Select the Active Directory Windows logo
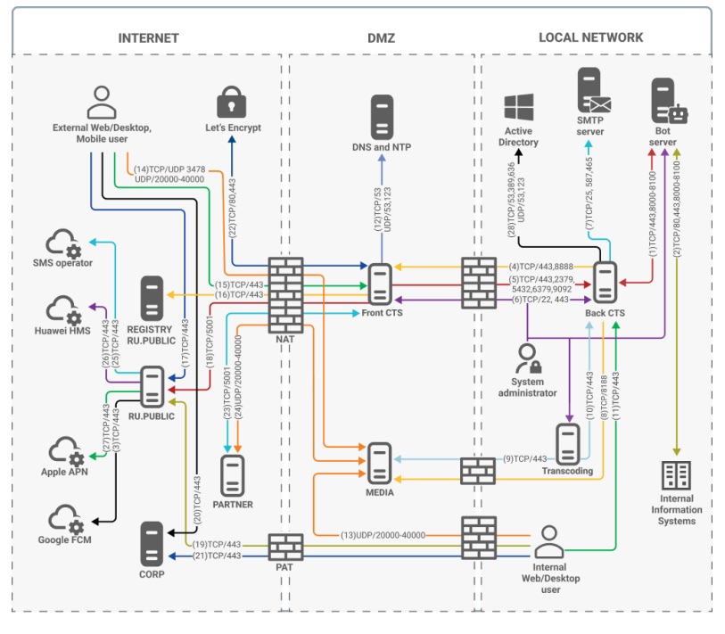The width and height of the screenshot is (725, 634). (519, 107)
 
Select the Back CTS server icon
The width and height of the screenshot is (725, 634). (606, 284)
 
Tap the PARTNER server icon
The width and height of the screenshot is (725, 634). (234, 475)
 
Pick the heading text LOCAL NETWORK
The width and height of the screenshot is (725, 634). (590, 37)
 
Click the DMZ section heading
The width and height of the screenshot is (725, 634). (381, 37)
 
